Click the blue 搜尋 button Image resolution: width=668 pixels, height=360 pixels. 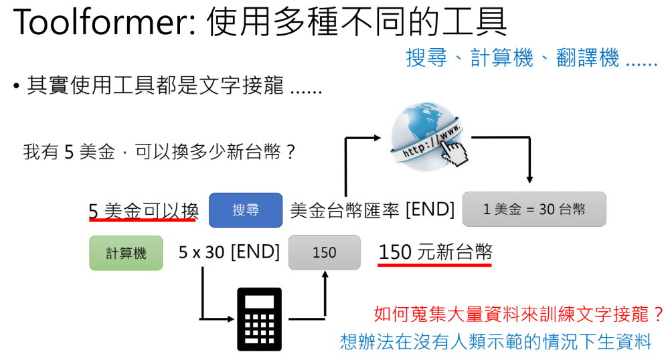pos(246,210)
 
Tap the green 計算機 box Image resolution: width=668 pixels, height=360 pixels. pos(126,253)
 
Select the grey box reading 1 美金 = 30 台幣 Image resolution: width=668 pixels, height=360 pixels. pos(534,209)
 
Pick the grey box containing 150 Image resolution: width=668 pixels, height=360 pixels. pos(324,252)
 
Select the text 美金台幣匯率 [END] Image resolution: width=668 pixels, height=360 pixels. pos(372,210)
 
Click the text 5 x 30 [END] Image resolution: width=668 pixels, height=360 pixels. pos(229,252)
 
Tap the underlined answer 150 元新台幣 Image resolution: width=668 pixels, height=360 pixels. pos(435,252)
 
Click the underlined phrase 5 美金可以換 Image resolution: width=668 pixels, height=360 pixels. pos(143,210)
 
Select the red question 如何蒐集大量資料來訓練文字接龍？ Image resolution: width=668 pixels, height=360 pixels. pos(519,314)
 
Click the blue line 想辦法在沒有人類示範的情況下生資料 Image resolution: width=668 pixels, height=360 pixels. pos(495,342)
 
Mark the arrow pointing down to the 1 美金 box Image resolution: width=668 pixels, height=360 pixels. pos(529,161)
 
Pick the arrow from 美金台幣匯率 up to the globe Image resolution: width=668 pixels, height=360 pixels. pos(346,167)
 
